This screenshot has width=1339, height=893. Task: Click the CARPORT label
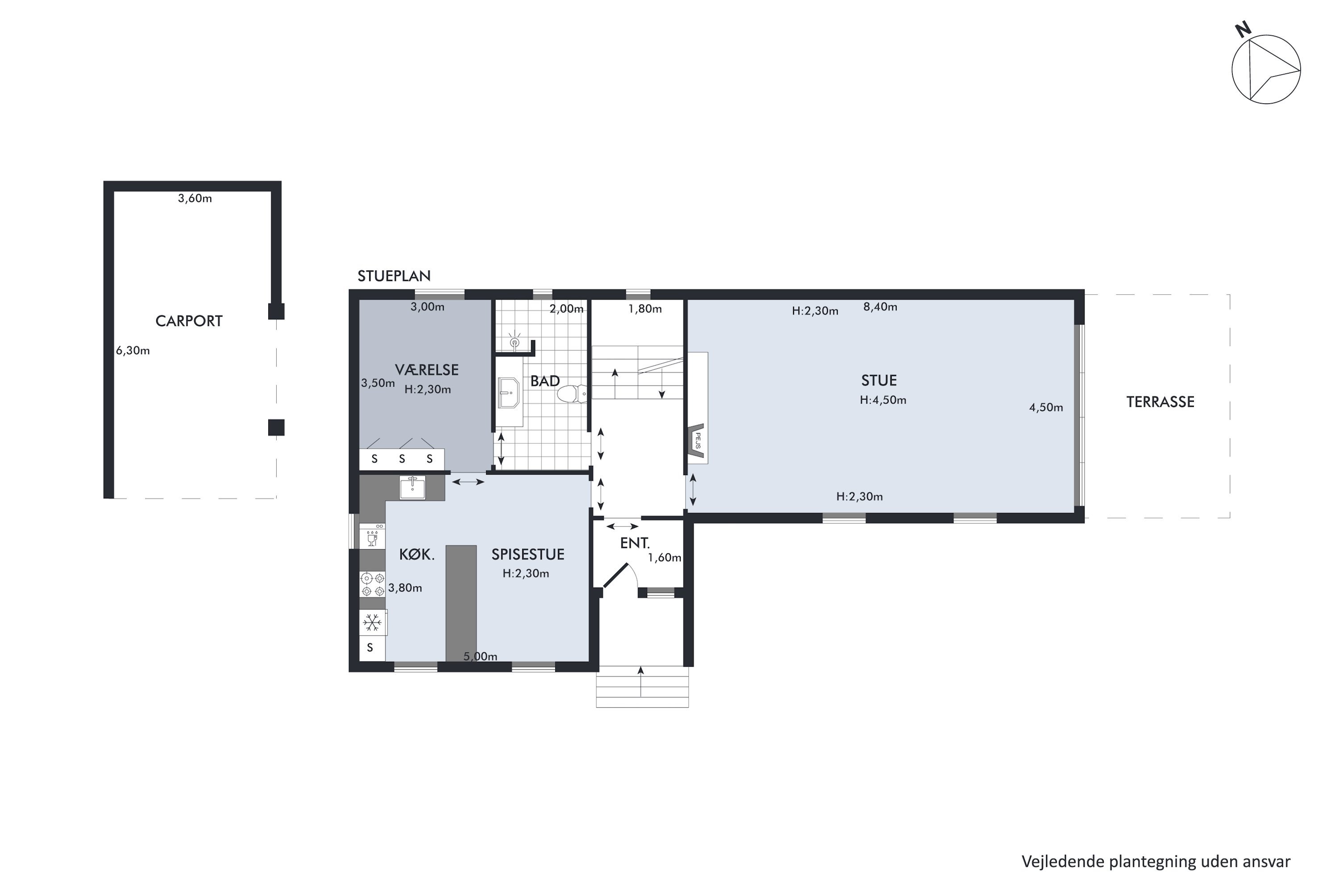[189, 321]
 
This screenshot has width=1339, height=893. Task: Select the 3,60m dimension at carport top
[195, 198]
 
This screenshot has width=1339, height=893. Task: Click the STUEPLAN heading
[394, 276]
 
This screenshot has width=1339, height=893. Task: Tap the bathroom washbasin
[508, 393]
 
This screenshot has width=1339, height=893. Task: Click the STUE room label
[879, 380]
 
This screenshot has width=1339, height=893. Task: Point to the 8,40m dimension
[880, 307]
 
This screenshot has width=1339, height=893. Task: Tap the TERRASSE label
[1160, 402]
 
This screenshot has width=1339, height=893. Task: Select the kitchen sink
[412, 488]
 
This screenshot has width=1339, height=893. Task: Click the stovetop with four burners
[372, 584]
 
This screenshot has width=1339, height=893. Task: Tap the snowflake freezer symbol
[372, 622]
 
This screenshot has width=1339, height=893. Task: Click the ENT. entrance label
[635, 543]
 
